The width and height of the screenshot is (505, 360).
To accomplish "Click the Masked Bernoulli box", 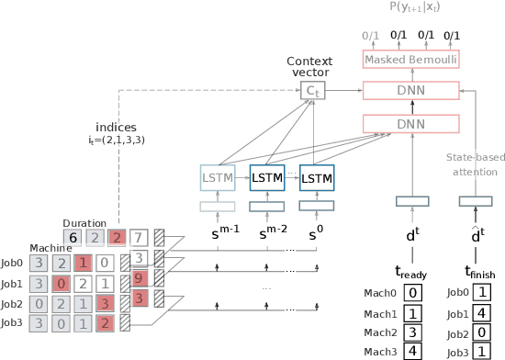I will point(411,60).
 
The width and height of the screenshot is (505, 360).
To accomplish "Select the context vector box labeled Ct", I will point(313,90).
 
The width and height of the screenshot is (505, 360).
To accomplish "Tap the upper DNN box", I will point(411,90).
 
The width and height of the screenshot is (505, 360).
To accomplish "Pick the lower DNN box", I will point(411,123).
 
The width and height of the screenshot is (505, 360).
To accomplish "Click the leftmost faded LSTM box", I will point(217,176).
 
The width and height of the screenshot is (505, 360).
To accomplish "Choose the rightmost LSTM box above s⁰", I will point(317,176).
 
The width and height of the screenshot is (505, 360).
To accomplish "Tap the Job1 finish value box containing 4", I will point(482,312).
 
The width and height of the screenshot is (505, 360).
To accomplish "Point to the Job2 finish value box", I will point(482,332).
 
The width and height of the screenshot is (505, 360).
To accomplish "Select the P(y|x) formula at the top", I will point(411,8).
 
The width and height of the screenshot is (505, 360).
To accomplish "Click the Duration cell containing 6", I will point(72,238).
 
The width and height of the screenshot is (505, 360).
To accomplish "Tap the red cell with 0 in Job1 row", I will point(61,283).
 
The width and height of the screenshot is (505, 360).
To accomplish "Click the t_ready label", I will point(411,272).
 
